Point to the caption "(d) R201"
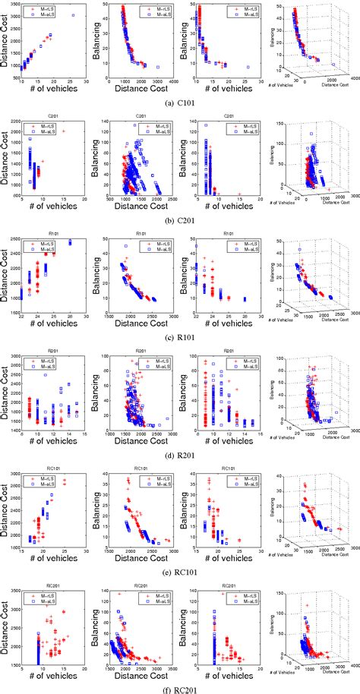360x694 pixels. click(x=180, y=446)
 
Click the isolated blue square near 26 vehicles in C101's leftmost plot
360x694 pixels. click(x=73, y=15)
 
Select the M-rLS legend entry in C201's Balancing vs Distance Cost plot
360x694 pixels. click(x=163, y=125)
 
